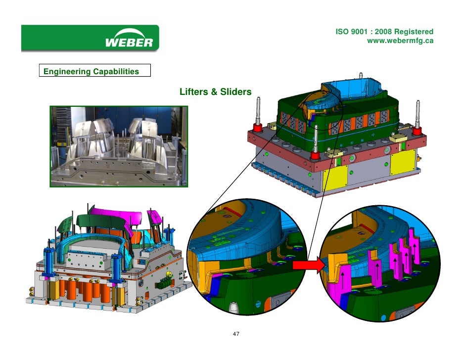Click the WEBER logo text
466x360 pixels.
coord(129,43)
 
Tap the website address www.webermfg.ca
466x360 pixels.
coord(400,41)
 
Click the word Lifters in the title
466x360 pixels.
coord(194,92)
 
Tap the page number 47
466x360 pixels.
coord(236,334)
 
